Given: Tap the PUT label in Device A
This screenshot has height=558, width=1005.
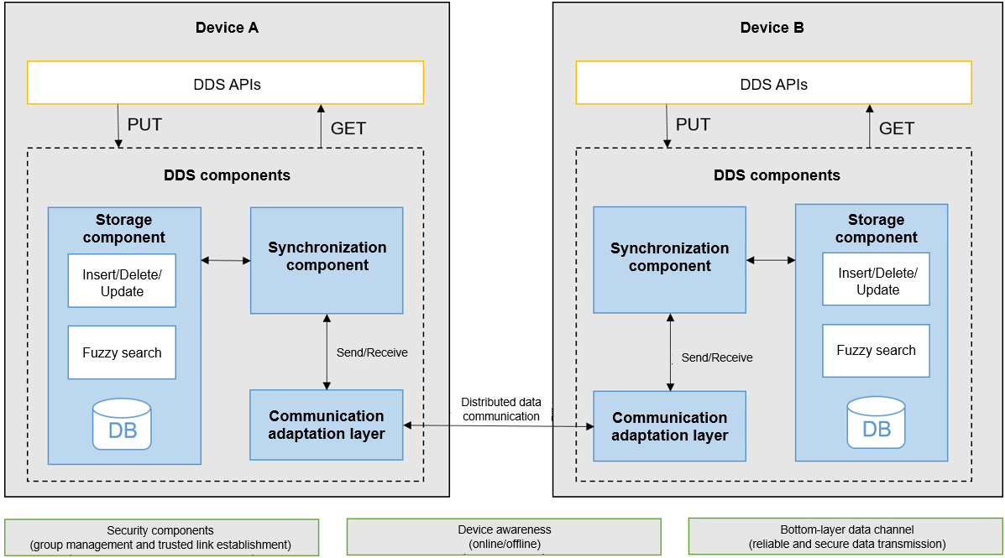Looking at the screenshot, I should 144,125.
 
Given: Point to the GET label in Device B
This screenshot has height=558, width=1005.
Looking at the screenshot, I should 896,128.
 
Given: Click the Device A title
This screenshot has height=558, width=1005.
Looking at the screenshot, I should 227,28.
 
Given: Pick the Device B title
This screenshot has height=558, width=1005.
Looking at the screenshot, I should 772,28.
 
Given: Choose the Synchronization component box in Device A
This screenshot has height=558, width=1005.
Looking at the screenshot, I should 327,260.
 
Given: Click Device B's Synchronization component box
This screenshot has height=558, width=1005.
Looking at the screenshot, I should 669,260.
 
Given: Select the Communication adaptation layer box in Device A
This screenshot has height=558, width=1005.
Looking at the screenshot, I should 327,425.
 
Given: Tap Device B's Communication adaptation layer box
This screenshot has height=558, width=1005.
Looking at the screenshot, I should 669,426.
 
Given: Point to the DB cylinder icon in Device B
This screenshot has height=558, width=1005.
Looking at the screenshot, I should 876,422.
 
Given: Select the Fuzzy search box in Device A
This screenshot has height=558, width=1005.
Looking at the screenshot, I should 122,353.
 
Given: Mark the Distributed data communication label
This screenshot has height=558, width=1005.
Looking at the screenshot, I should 500,409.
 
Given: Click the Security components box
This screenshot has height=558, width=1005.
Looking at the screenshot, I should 161,537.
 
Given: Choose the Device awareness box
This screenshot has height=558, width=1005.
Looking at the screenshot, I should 504,537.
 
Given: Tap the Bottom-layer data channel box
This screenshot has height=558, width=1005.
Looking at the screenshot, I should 845,537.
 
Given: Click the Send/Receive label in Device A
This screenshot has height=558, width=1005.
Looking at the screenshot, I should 372,352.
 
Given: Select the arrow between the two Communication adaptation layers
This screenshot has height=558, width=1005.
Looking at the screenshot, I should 499,426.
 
